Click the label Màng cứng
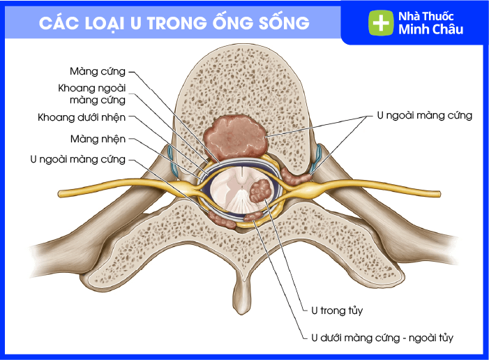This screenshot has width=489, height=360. [x=98, y=71]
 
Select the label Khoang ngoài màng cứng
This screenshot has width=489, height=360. [x=91, y=94]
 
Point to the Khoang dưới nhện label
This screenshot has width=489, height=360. [x=82, y=117]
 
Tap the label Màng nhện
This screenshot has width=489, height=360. [x=98, y=139]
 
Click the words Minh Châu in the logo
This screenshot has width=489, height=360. [x=430, y=29]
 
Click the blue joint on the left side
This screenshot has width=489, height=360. [x=170, y=154]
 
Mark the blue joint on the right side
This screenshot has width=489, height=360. [x=318, y=155]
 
